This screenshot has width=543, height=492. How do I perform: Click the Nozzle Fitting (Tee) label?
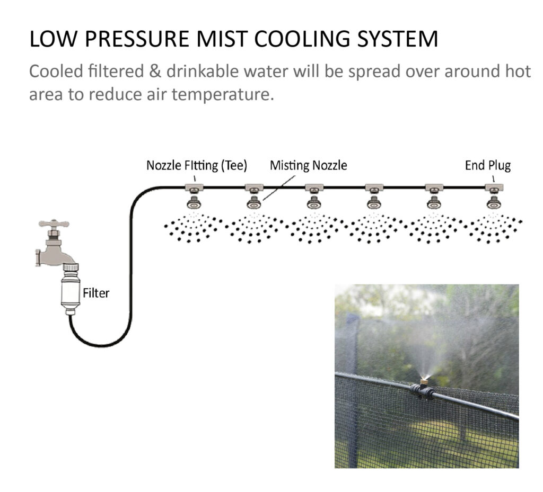tap(196, 166)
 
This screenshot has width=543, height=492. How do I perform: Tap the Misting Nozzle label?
tap(308, 166)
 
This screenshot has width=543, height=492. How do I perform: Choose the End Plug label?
tap(487, 166)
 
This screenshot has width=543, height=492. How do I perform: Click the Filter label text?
tap(95, 292)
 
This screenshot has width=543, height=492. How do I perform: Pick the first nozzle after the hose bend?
tap(194, 202)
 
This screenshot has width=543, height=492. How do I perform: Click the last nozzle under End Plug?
tap(494, 202)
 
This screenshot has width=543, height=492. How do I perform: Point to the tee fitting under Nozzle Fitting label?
tap(194, 187)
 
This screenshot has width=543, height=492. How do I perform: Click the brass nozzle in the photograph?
tap(424, 380)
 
